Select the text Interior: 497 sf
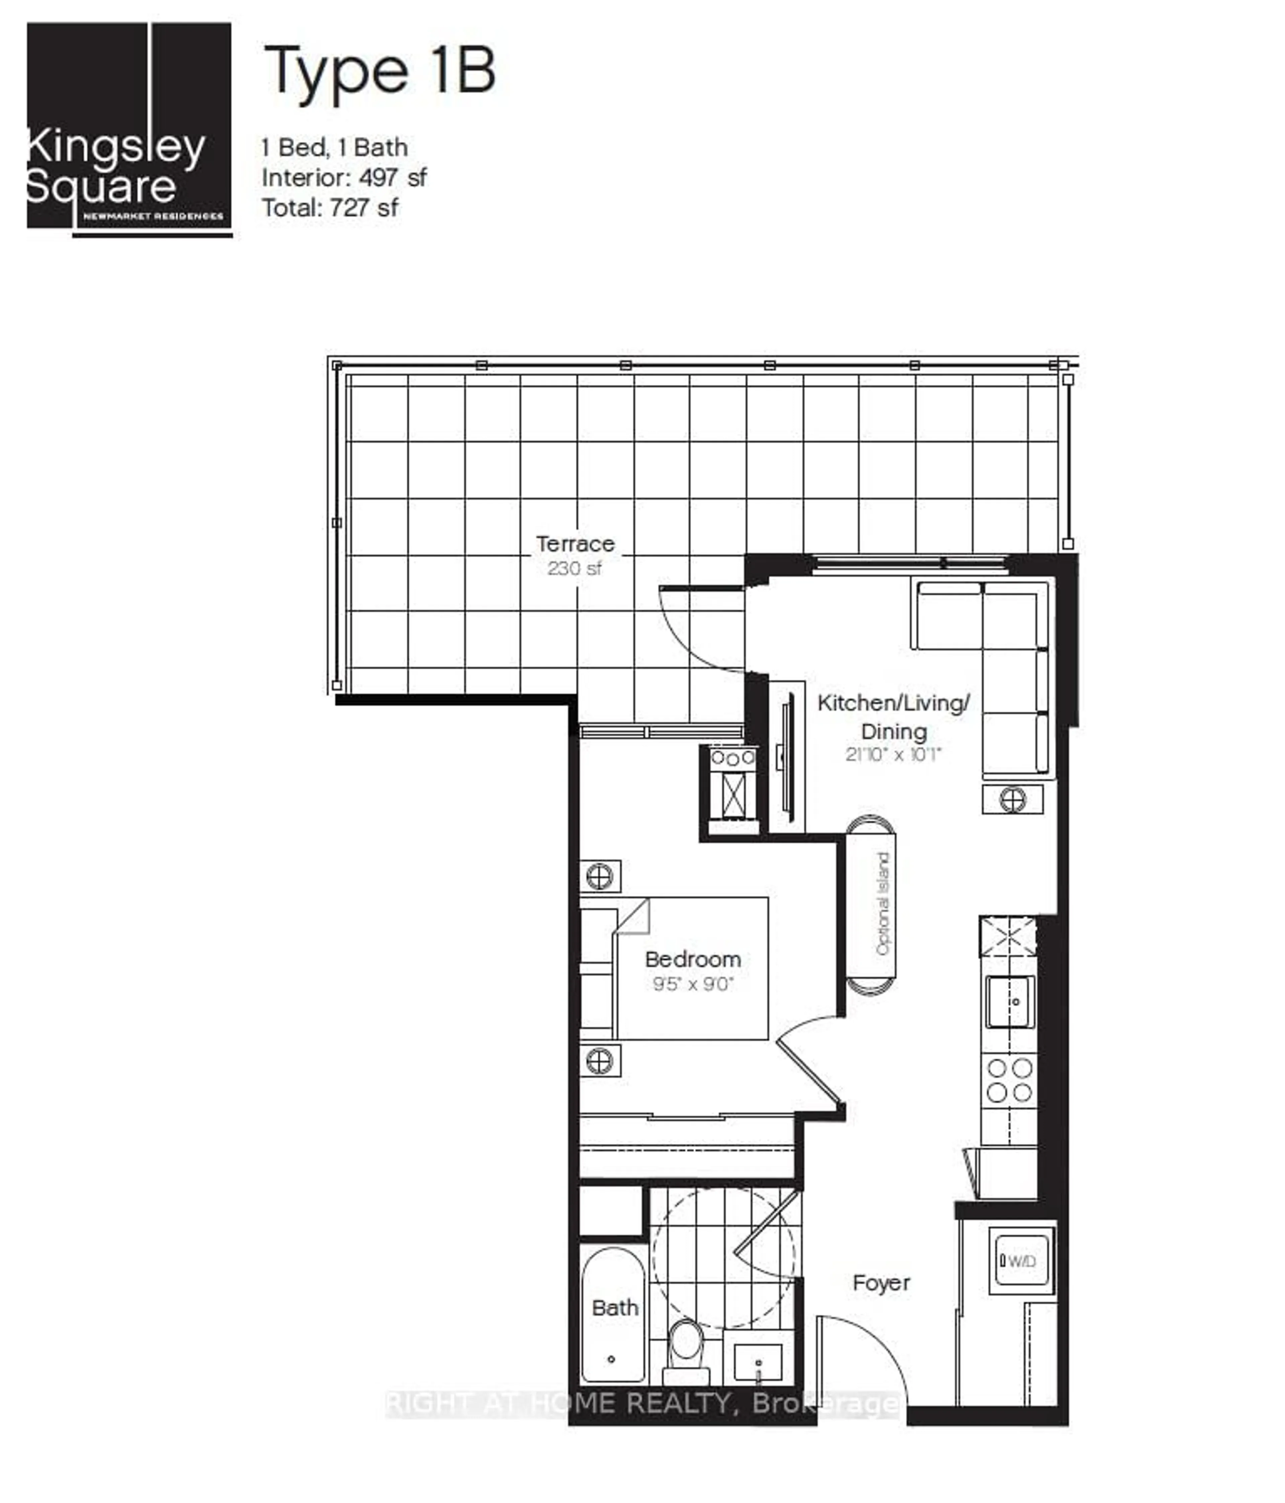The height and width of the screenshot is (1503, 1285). click(344, 178)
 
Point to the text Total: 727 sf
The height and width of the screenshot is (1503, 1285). click(330, 208)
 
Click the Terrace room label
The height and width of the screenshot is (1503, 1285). click(575, 543)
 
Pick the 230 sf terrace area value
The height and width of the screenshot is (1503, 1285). click(574, 568)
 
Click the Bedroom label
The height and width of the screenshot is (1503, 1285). click(693, 959)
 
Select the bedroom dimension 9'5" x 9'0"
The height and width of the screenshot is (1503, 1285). click(693, 984)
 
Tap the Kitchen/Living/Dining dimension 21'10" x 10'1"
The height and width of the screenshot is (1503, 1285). click(893, 754)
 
